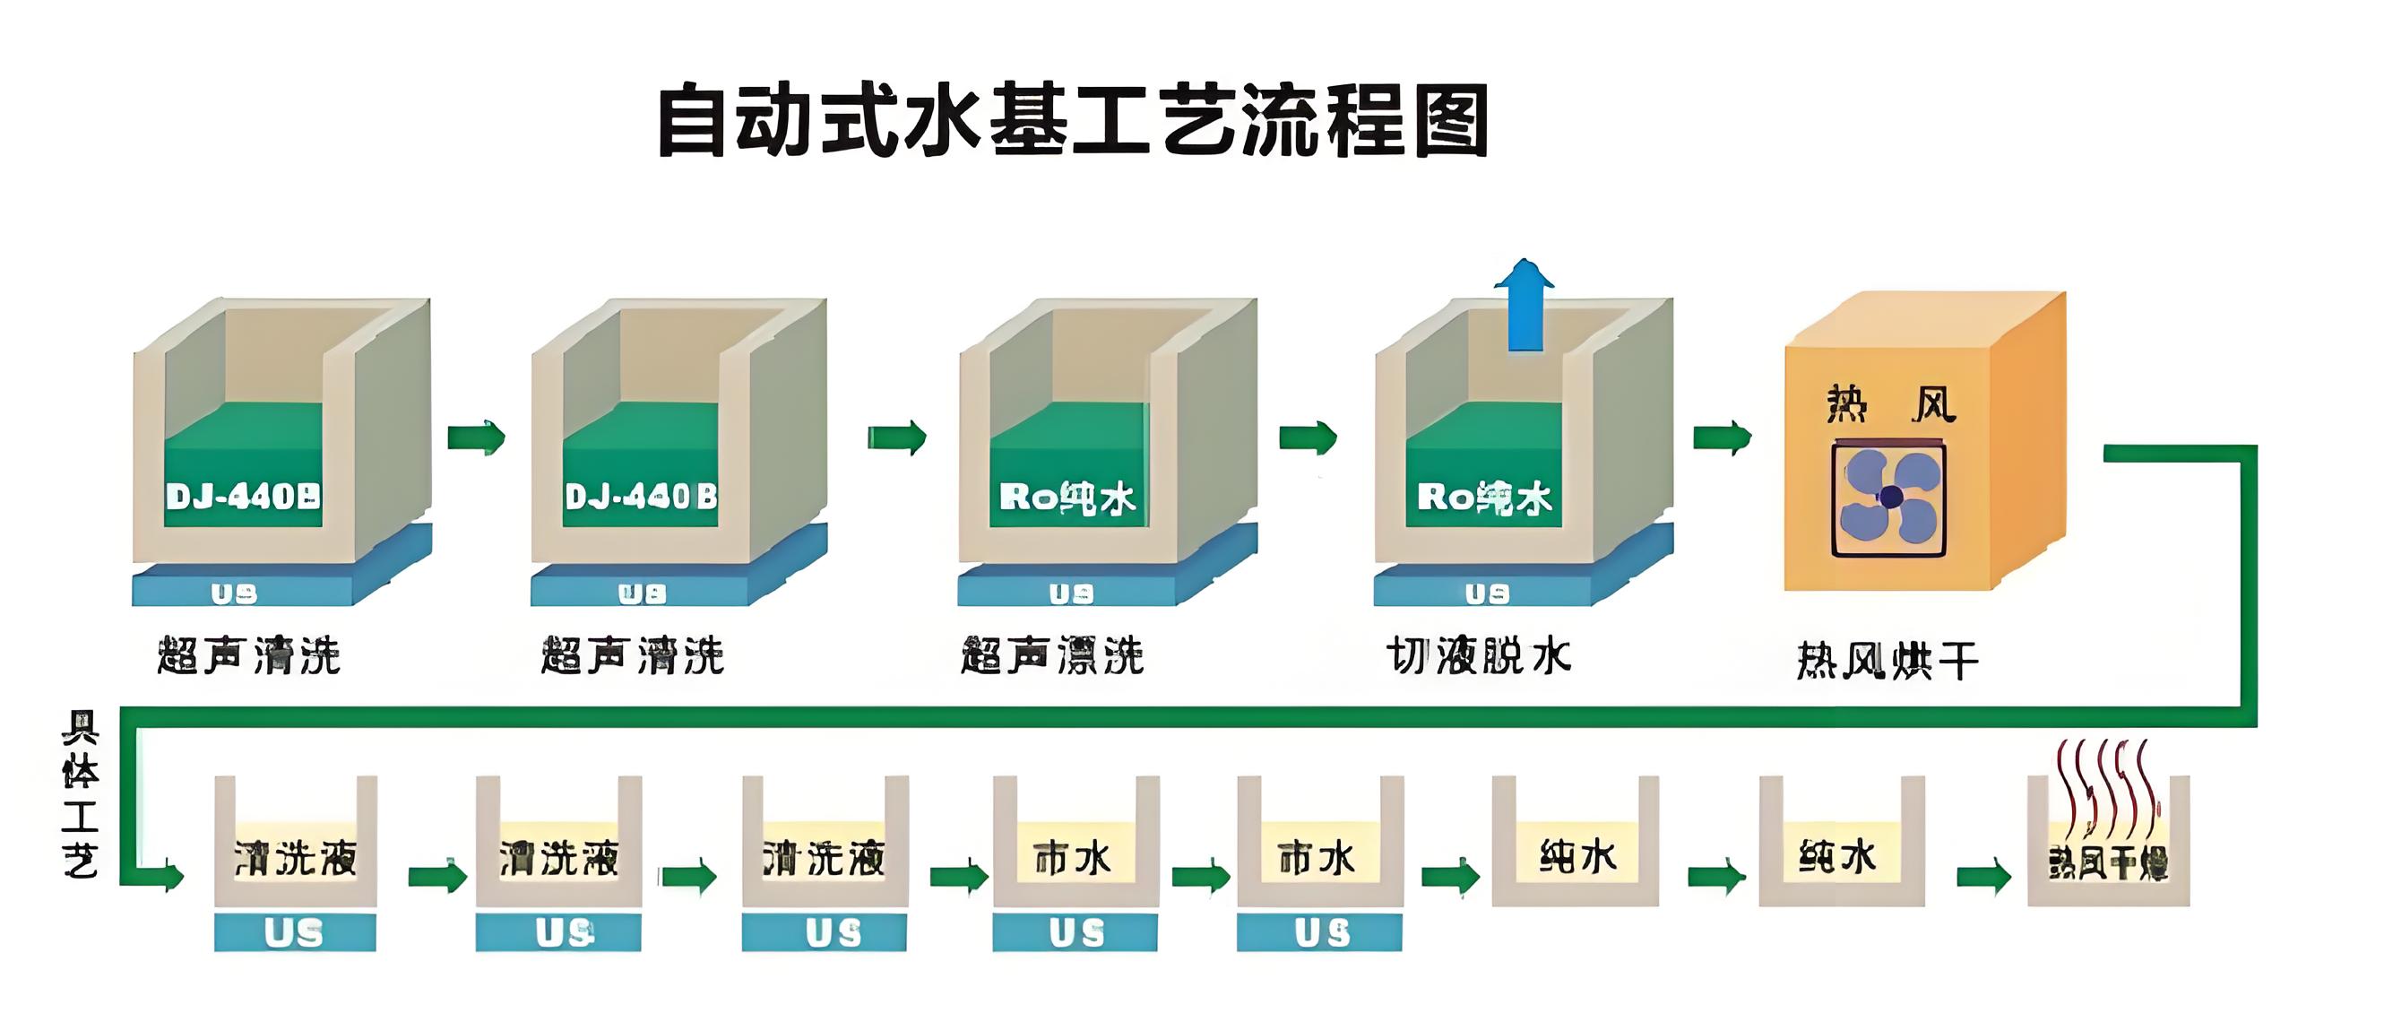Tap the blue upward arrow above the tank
(x=1525, y=307)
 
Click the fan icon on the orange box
(x=1888, y=499)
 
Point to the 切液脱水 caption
(x=1478, y=656)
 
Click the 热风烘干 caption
(x=1887, y=661)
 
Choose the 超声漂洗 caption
(x=1052, y=656)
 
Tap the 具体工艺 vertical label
(x=81, y=793)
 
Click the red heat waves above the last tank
(x=2107, y=783)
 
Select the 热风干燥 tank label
(x=2107, y=863)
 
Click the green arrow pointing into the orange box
(x=1722, y=437)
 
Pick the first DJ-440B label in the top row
(x=244, y=498)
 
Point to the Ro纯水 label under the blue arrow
(x=1483, y=498)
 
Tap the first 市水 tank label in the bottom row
(x=1073, y=859)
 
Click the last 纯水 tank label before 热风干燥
(x=1838, y=855)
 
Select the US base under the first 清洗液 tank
(x=294, y=932)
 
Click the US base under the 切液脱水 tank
(x=1487, y=593)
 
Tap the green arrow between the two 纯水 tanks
(x=1716, y=876)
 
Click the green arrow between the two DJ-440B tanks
(x=476, y=437)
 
